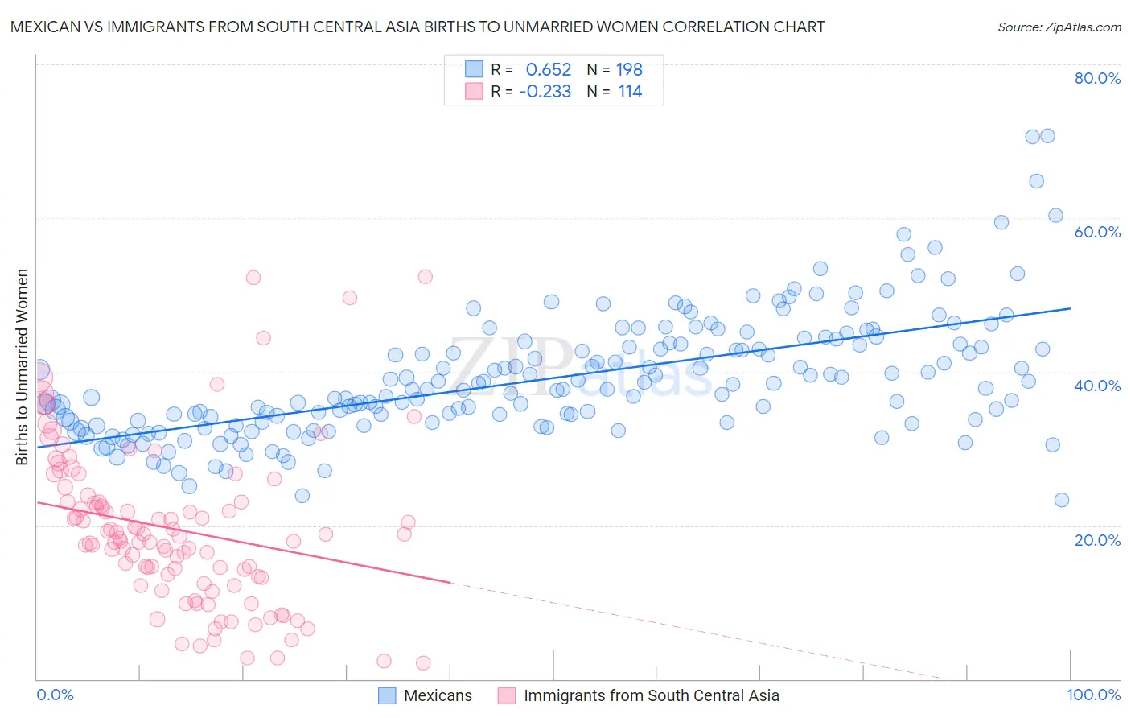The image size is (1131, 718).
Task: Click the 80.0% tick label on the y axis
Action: pyautogui.click(x=1097, y=78)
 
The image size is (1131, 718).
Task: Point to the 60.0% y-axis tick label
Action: pyautogui.click(x=1097, y=232)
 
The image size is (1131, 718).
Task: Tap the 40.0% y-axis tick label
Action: pyautogui.click(x=1097, y=386)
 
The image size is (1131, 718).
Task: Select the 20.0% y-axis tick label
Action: pyautogui.click(x=1097, y=539)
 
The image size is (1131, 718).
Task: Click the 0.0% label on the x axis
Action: pyautogui.click(x=55, y=695)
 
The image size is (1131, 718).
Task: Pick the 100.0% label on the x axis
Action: pyautogui.click(x=1094, y=695)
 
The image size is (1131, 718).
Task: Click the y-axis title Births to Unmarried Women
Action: pyautogui.click(x=22, y=367)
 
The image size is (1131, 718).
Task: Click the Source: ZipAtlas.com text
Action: pyautogui.click(x=1059, y=27)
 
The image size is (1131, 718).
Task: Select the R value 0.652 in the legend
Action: pyautogui.click(x=548, y=69)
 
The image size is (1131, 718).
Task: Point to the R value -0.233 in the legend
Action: pyautogui.click(x=545, y=91)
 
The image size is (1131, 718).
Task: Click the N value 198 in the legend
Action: pyautogui.click(x=629, y=69)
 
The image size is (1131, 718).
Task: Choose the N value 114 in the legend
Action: pyautogui.click(x=630, y=91)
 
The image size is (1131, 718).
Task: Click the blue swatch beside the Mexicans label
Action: pyautogui.click(x=387, y=695)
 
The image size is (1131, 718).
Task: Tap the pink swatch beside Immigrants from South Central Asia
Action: pyautogui.click(x=507, y=695)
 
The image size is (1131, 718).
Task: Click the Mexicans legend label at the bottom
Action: pyautogui.click(x=438, y=695)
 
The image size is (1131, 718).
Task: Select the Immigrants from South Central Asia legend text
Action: pyautogui.click(x=651, y=695)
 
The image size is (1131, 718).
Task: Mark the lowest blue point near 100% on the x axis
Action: pyautogui.click(x=1061, y=500)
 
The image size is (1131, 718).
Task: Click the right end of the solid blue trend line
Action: pyautogui.click(x=1070, y=308)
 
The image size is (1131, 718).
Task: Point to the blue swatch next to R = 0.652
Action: pyautogui.click(x=474, y=69)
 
